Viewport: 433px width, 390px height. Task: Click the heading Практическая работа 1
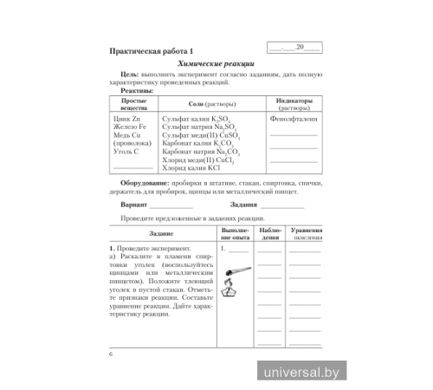pyautogui.click(x=147, y=50)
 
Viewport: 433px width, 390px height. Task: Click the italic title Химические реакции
pyautogui.click(x=216, y=64)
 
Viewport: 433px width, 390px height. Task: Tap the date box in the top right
pyautogui.click(x=294, y=48)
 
